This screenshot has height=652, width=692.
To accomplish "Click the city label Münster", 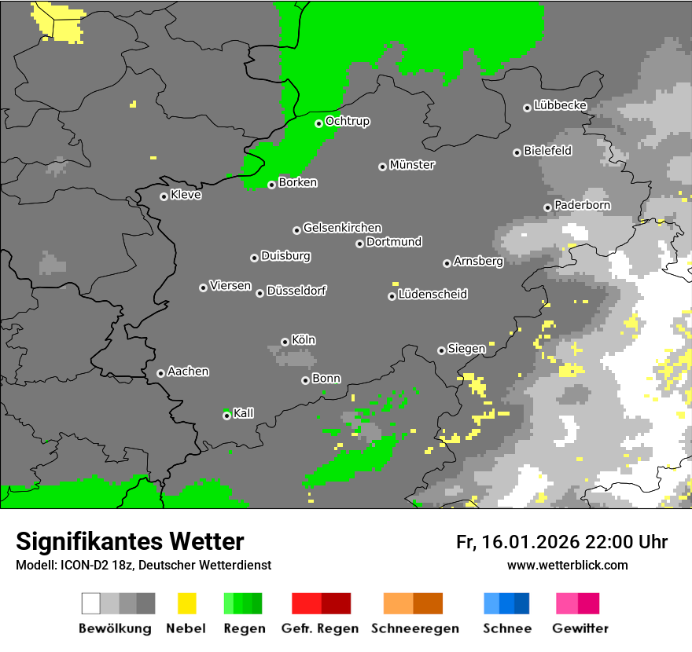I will point(412,165).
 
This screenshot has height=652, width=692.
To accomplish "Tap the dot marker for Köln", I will point(285,342).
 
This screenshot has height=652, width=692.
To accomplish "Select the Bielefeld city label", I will point(548,151).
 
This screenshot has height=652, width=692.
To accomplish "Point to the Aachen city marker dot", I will point(160,373).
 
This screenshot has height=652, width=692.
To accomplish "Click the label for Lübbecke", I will point(560,105).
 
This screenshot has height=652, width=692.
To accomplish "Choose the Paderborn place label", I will point(582,205).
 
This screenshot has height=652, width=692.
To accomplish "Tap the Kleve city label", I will point(186,195).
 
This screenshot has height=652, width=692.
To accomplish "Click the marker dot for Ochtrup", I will point(318,123).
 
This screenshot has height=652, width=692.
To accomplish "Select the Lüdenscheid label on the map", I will point(432,295).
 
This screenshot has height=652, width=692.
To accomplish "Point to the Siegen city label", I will point(466,349).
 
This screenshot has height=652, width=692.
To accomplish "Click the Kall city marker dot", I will point(226,416).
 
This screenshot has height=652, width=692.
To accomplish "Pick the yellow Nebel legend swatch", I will point(186,603).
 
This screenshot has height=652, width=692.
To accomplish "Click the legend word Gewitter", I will point(580,628).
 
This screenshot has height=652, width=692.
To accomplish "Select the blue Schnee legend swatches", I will point(506,603).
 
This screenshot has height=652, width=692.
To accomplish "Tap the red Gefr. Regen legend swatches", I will point(321,603).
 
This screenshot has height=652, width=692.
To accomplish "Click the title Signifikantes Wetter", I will point(130,541).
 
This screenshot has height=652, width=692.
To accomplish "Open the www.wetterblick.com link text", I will point(567,565).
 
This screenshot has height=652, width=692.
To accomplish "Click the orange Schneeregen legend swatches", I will point(413,603).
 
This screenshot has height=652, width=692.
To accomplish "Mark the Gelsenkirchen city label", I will point(342,228).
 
